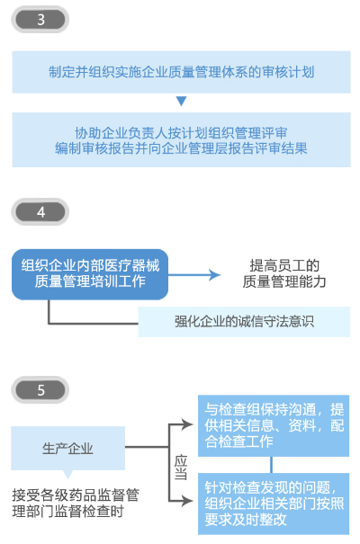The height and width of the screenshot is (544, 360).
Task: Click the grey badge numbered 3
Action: (x=40, y=20)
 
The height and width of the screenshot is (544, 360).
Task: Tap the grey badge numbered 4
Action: (x=40, y=211)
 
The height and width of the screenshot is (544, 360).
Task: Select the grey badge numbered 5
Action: (x=40, y=390)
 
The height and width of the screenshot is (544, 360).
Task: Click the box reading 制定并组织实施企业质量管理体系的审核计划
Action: (x=181, y=72)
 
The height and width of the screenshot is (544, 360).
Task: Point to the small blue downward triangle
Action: (x=181, y=101)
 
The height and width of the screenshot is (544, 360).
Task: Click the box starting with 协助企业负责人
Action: (x=181, y=139)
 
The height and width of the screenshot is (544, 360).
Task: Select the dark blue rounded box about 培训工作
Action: (x=90, y=274)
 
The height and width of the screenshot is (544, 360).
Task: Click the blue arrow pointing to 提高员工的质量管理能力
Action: (x=194, y=275)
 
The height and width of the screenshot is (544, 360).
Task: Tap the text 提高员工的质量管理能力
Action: (x=284, y=273)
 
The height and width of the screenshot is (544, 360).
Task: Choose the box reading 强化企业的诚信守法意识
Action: (x=244, y=322)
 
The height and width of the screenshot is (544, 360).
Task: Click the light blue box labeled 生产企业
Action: (x=67, y=449)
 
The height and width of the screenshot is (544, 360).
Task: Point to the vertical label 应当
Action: (x=181, y=467)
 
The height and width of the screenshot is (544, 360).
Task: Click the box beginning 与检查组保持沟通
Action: (x=274, y=425)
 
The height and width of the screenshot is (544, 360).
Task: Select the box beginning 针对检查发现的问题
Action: (x=274, y=504)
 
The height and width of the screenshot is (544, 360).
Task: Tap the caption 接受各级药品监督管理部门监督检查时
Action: (x=76, y=503)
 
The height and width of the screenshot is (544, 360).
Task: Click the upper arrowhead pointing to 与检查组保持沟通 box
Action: (x=188, y=424)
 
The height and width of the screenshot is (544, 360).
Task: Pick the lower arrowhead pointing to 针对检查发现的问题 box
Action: (x=188, y=501)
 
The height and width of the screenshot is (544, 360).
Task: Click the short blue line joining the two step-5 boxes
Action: (x=271, y=465)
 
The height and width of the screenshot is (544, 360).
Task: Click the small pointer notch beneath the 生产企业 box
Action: (x=67, y=474)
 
